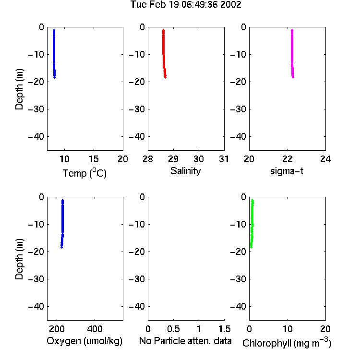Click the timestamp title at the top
186,4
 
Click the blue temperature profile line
54,54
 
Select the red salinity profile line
164,54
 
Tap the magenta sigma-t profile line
292,54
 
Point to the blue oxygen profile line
62,224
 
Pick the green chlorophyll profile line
252,224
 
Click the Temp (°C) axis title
84,173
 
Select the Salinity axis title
185,171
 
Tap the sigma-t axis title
287,171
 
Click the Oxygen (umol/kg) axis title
84,341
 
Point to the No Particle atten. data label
185,341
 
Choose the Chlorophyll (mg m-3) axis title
287,343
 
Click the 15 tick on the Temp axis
94,159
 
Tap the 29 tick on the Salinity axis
173,159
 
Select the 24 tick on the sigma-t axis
325,159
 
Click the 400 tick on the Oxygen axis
95,329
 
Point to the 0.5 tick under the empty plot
173,329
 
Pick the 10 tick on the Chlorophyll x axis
288,329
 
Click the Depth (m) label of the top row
19,89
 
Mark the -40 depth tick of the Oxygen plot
36,306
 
